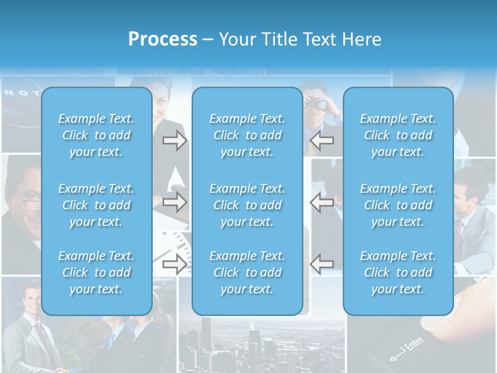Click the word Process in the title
[x=163, y=39]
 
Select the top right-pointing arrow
[x=174, y=140]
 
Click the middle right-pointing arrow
[x=174, y=202]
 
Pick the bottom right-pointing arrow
[x=174, y=264]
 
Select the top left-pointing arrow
[x=321, y=140]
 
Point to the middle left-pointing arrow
[x=321, y=202]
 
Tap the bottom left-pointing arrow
[x=321, y=264]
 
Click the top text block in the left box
[x=96, y=135]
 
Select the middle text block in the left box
[x=96, y=205]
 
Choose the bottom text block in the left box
[x=96, y=272]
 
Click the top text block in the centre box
[x=247, y=135]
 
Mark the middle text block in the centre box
[x=247, y=205]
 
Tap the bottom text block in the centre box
[x=247, y=272]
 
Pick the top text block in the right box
[x=398, y=135]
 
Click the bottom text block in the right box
[x=398, y=272]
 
